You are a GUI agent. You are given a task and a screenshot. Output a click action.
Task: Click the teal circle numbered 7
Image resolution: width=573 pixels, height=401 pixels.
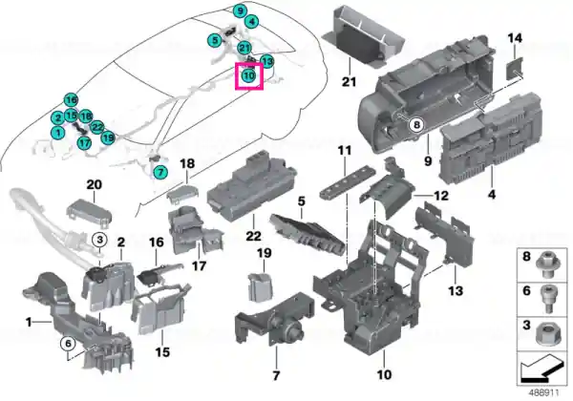160,172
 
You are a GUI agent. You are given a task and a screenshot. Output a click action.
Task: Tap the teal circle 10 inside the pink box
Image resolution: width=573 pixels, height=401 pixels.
248,76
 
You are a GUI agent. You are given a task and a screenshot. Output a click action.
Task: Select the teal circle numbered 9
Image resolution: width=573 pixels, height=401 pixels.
240,11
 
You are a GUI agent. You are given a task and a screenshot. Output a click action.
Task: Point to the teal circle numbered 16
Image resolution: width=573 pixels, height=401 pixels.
71,100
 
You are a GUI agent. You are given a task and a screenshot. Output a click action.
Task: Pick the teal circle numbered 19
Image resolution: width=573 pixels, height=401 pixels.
108,137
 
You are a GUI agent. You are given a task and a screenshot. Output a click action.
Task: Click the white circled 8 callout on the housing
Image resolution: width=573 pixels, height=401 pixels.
416,125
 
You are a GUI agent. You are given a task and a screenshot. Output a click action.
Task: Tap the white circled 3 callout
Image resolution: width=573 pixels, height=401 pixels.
99,240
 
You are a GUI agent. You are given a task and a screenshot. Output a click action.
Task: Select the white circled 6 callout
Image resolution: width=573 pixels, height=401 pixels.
68,344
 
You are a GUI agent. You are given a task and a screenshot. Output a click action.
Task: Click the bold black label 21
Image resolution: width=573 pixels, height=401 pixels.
349,81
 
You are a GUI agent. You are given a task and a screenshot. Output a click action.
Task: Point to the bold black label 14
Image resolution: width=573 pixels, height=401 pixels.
515,38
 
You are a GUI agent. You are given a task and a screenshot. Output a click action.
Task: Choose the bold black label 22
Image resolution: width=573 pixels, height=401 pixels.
254,236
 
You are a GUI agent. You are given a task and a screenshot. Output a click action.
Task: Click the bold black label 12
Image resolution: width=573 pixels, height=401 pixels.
440,196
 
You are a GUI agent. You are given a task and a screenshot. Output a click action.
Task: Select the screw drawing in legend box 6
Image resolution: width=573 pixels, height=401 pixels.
548,299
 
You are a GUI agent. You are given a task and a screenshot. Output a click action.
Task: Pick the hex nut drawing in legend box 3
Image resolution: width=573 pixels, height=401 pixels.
547,332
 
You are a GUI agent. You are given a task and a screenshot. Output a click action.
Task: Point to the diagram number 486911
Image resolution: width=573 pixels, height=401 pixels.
543,392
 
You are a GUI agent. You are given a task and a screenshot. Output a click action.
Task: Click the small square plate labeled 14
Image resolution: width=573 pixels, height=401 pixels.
515,69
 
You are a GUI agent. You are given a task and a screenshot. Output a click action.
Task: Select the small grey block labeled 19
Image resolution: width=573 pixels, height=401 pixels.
260,287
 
